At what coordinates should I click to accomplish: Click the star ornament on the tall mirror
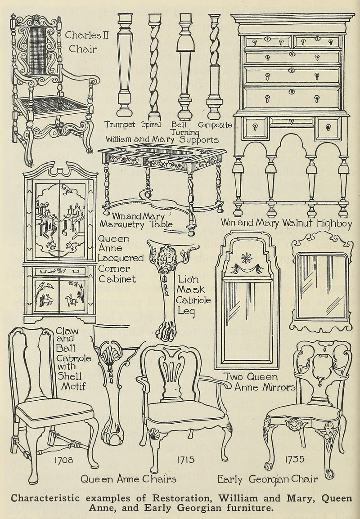pos(246,258)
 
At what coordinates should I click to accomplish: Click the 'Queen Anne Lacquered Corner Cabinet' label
pos(120,258)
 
